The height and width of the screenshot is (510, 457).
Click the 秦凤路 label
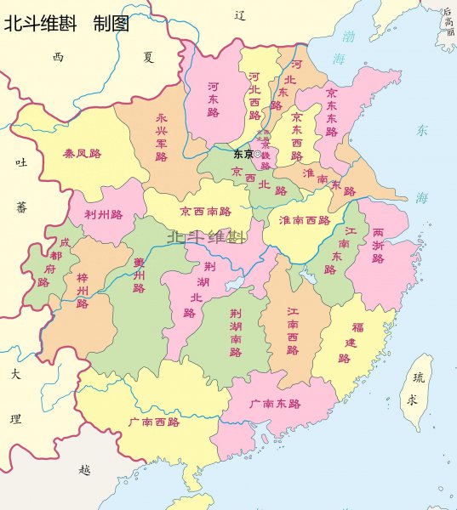[x=82, y=154]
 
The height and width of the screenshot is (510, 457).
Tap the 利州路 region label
[x=103, y=214]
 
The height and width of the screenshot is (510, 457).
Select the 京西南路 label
[x=205, y=211]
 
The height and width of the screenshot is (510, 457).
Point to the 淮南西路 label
[x=304, y=220]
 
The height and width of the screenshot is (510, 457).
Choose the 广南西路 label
[x=153, y=422]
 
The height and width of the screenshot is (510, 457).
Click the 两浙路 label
[x=377, y=246]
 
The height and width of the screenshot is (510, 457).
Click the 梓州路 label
[x=83, y=291]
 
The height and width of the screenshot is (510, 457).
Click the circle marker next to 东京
[x=258, y=154]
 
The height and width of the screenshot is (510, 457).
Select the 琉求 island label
[x=414, y=388]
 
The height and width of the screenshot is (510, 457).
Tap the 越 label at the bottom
[x=83, y=468]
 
